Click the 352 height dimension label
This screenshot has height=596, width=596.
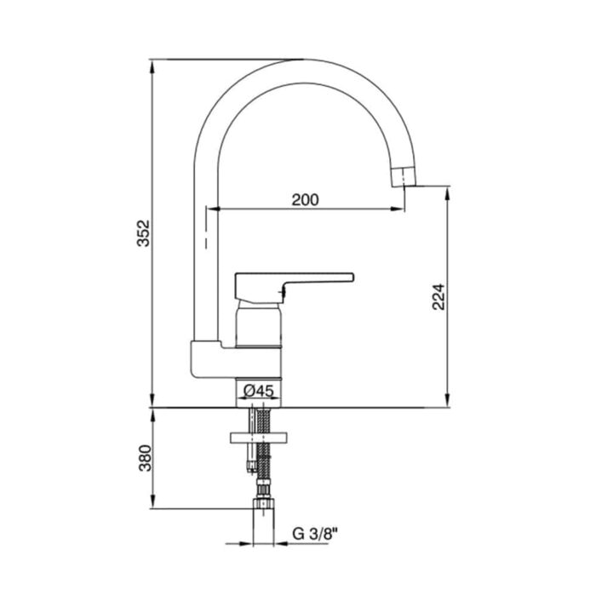[144, 233]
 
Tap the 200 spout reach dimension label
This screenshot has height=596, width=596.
[305, 200]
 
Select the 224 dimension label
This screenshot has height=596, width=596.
[438, 296]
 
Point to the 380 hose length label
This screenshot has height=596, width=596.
[145, 458]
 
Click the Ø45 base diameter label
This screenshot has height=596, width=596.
[259, 390]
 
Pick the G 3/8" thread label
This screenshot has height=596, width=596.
[315, 534]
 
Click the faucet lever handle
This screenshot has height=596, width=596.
[295, 288]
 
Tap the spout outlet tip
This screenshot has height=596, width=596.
[404, 177]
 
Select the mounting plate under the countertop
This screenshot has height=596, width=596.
[259, 438]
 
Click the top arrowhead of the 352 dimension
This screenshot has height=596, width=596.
[152, 67]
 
